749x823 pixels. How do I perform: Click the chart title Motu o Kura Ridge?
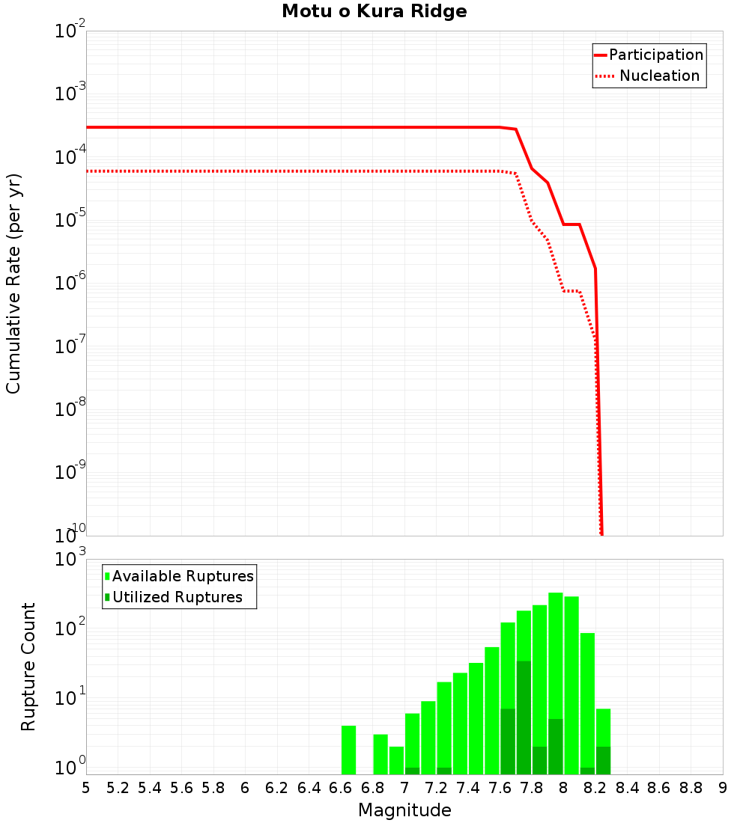tap(374, 12)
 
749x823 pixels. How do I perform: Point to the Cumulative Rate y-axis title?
tap(13, 283)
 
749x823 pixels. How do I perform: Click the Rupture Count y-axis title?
tap(28, 667)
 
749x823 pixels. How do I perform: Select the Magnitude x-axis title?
tap(404, 810)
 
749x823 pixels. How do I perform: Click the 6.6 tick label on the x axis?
tap(340, 787)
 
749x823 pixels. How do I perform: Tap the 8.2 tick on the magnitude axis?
tap(595, 787)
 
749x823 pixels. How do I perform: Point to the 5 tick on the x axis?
tap(86, 787)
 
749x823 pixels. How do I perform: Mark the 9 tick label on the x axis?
tap(722, 787)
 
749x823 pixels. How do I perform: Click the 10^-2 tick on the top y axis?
tap(70, 32)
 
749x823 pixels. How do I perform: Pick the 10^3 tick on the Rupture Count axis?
tap(72, 560)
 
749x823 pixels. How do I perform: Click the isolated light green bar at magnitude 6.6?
tap(348, 750)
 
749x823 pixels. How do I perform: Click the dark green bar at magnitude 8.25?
tap(603, 760)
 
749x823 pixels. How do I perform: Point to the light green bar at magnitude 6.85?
tap(380, 754)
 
